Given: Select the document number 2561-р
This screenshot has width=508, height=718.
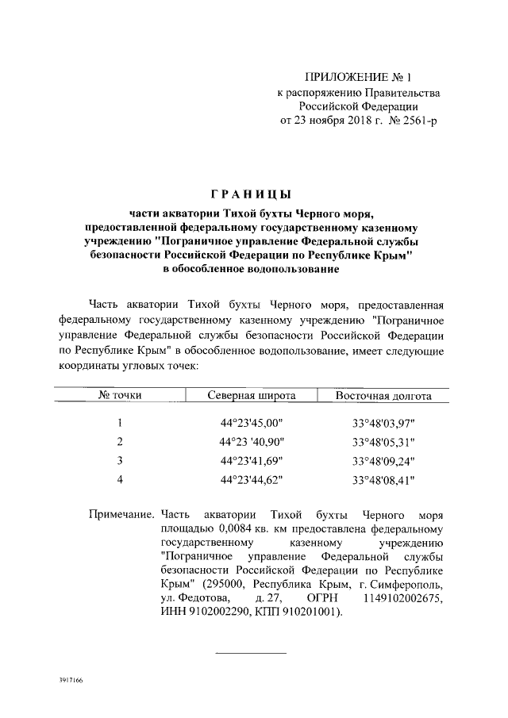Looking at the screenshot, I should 418,121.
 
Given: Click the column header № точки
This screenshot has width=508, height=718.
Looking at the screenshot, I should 119,395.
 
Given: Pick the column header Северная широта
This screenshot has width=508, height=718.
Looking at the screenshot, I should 252,395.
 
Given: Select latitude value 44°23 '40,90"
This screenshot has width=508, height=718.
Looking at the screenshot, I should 252,442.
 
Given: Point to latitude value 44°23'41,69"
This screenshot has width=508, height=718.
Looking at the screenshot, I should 252,461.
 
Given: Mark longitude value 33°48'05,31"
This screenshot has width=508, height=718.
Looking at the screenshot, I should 383,442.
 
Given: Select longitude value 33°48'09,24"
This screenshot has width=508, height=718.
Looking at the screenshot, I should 383,461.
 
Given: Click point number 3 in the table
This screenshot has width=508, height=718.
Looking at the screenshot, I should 119,461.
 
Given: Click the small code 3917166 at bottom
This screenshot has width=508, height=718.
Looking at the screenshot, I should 71,682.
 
